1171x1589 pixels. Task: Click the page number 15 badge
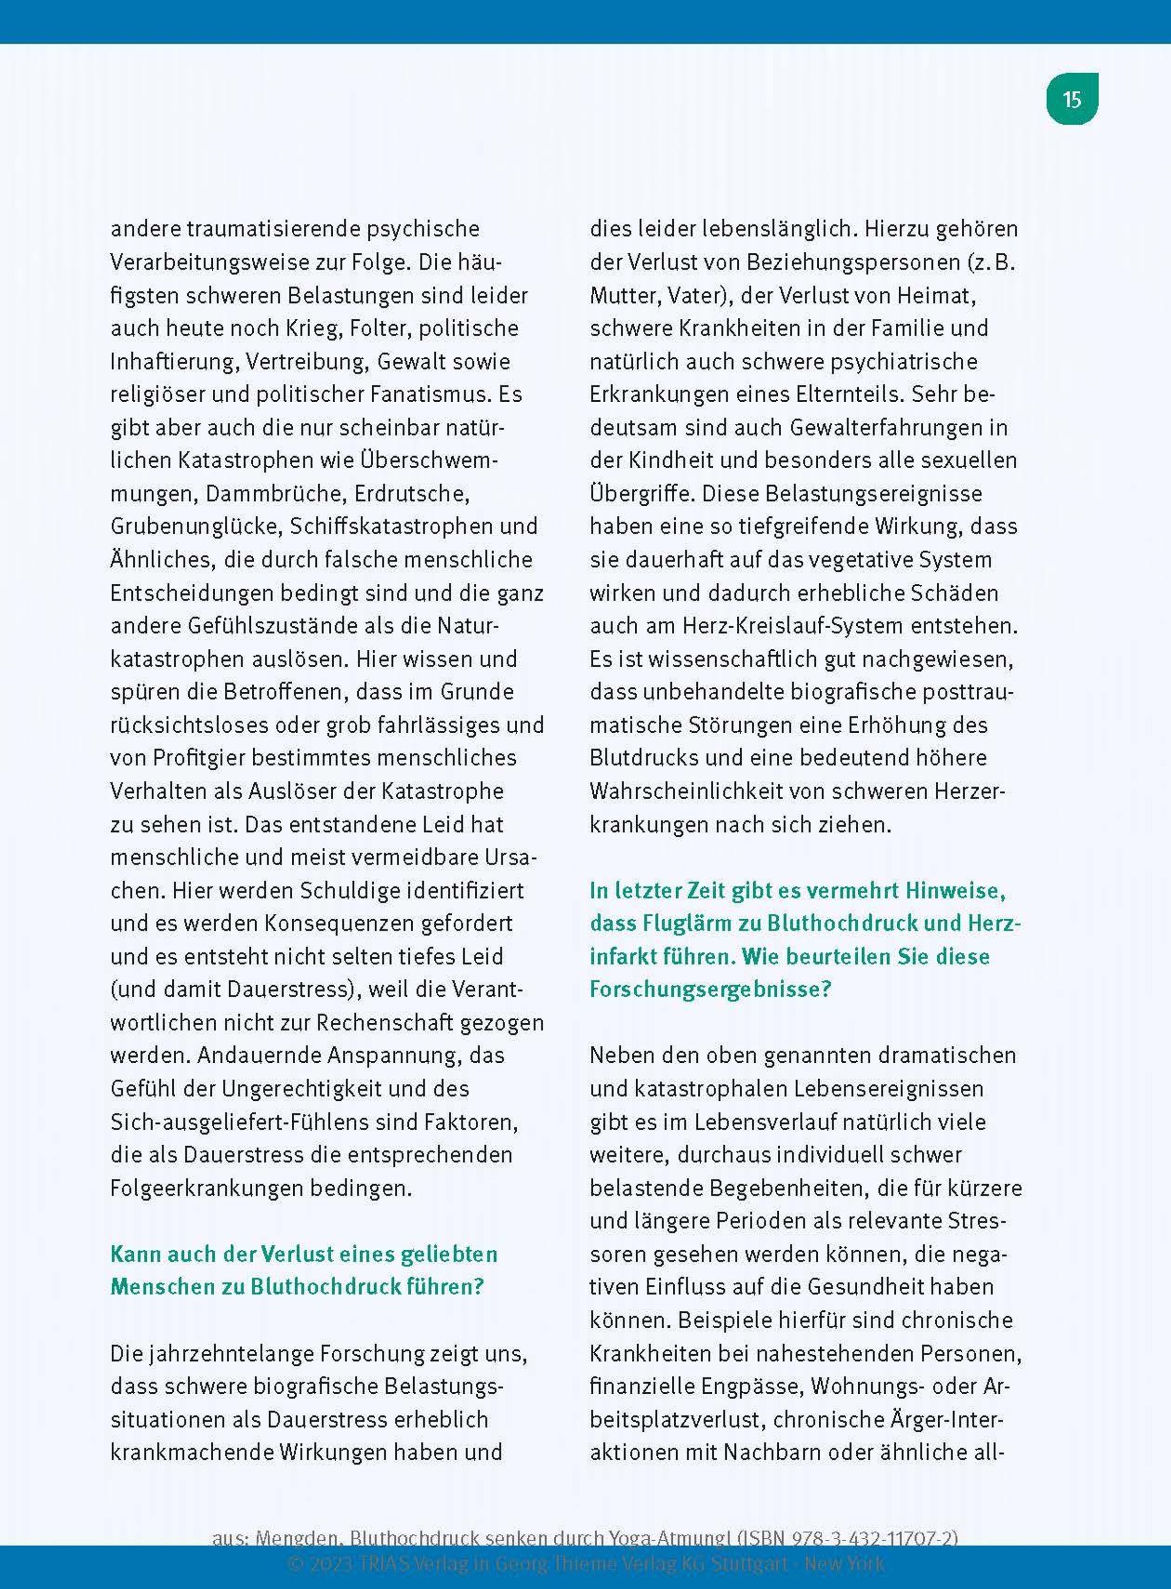point(1072,99)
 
